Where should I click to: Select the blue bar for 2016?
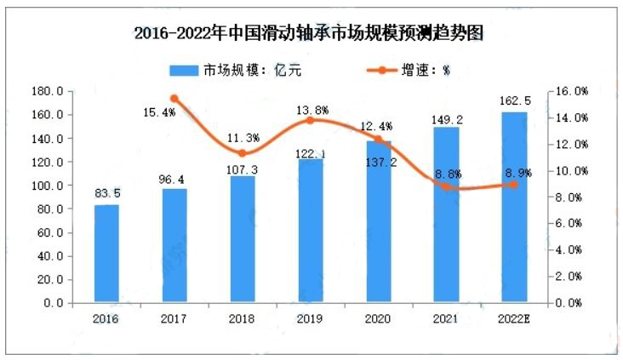(x=106, y=254)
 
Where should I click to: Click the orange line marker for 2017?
(x=174, y=99)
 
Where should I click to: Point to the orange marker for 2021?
(x=446, y=186)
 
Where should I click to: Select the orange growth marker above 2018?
(x=243, y=153)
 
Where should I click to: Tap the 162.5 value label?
(x=514, y=102)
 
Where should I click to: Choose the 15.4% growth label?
(x=160, y=112)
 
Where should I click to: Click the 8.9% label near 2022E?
(x=515, y=173)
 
